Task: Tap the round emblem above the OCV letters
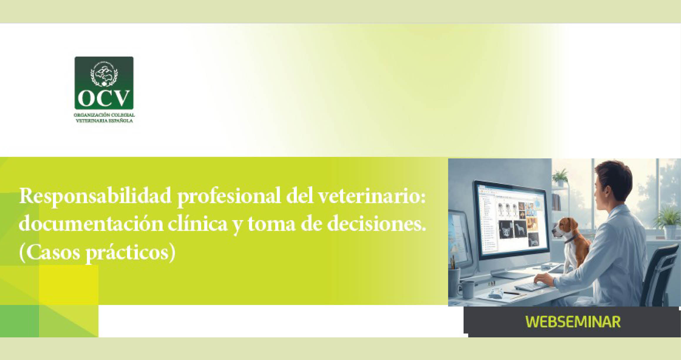104,74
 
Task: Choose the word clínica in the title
198,224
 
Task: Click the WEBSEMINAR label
573,322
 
